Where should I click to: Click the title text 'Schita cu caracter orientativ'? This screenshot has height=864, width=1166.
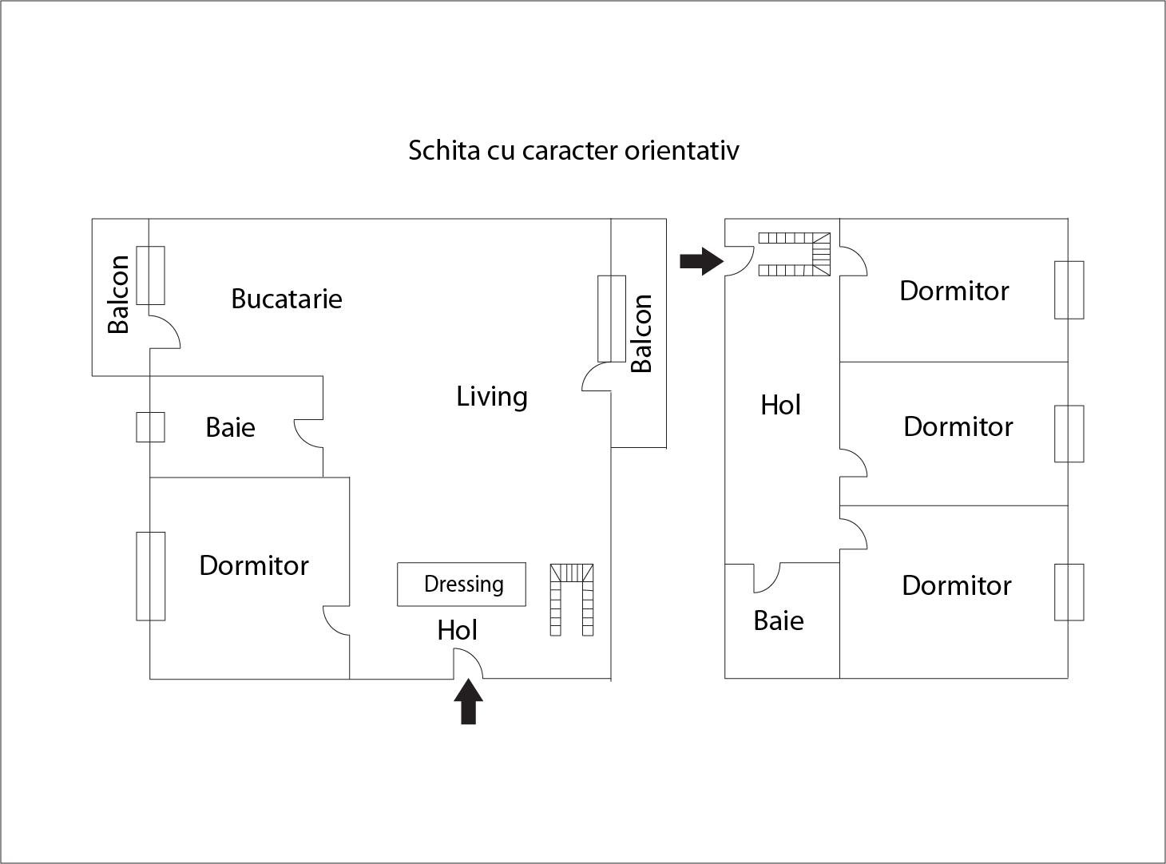point(573,150)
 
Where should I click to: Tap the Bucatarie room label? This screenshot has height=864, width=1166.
point(286,299)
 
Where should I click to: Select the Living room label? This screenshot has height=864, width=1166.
point(491,396)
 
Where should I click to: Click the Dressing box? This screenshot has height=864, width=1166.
point(462,585)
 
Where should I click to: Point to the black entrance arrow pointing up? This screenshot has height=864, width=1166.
point(468,701)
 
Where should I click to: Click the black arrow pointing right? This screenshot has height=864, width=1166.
point(700,260)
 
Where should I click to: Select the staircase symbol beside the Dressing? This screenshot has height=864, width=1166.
point(571,600)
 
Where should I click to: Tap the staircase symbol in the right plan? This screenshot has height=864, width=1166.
point(795,254)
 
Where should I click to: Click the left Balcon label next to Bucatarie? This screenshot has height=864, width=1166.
point(118,294)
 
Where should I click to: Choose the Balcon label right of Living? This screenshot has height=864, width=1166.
point(641,333)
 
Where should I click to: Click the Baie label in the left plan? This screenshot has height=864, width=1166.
point(230,427)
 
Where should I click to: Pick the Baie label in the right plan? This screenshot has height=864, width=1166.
point(778,620)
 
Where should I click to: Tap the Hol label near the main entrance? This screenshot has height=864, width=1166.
point(457,630)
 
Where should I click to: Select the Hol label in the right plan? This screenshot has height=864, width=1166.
point(780,405)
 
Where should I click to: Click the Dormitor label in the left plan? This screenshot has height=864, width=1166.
point(253,565)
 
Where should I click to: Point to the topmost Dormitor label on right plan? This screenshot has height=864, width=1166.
point(954,291)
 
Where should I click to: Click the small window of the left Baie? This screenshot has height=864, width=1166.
point(150,427)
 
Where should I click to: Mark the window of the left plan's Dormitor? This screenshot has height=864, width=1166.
point(150,576)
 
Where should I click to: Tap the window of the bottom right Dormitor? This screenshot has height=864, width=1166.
point(1069,592)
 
